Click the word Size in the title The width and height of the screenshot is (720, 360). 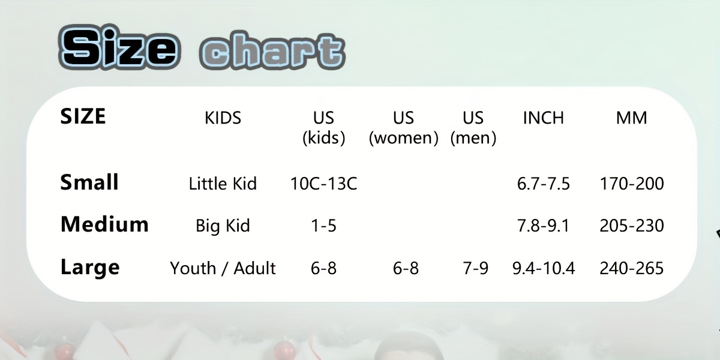pyautogui.click(x=119, y=47)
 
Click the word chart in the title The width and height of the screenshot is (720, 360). pyautogui.click(x=272, y=50)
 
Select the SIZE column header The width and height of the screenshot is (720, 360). pyautogui.click(x=83, y=116)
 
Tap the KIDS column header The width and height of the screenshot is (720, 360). pyautogui.click(x=223, y=118)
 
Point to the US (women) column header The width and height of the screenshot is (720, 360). pyautogui.click(x=403, y=128)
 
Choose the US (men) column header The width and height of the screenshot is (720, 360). pyautogui.click(x=473, y=128)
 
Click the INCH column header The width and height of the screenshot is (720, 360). pyautogui.click(x=543, y=118)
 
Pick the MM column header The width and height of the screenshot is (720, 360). pyautogui.click(x=631, y=118)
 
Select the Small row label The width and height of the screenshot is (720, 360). pyautogui.click(x=89, y=182)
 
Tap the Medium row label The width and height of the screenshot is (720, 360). pyautogui.click(x=104, y=224)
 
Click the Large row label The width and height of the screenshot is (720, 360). pyautogui.click(x=90, y=268)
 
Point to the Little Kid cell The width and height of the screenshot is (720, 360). pyautogui.click(x=223, y=184)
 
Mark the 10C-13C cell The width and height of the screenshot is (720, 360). pyautogui.click(x=323, y=184)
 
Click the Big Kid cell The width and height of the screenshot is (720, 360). pyautogui.click(x=223, y=226)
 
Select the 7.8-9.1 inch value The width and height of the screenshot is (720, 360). pyautogui.click(x=543, y=226)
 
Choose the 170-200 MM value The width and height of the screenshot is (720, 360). pyautogui.click(x=632, y=184)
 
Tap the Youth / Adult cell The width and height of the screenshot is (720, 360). pyautogui.click(x=223, y=268)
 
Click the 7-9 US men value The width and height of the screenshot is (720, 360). pyautogui.click(x=475, y=268)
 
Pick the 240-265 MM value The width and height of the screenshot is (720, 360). pyautogui.click(x=632, y=268)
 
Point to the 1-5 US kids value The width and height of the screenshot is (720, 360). pyautogui.click(x=323, y=226)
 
